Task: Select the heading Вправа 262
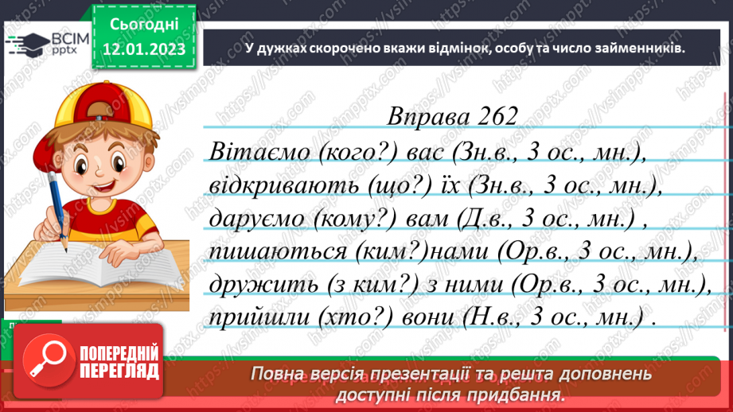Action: [x=452, y=116]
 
